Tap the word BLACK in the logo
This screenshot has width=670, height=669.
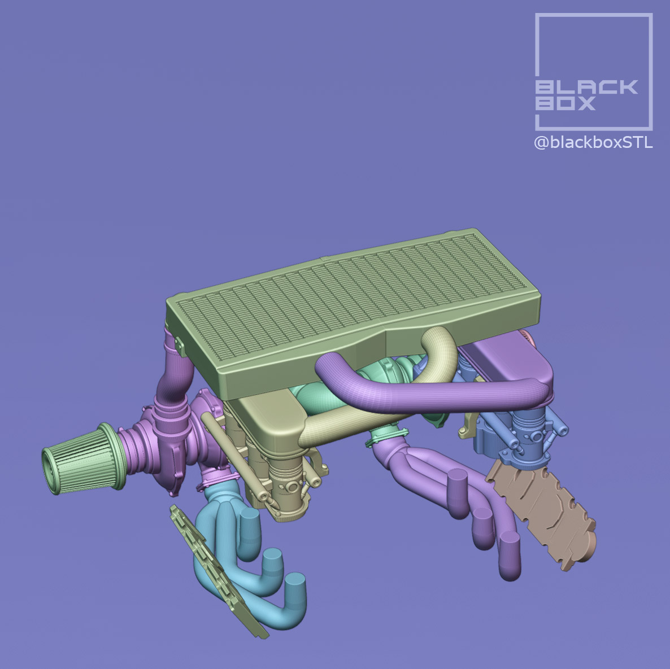pos(586,87)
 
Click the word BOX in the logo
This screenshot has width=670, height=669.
pos(565,103)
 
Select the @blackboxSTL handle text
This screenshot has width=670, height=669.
pos(593,143)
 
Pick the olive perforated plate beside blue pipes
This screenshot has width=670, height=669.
pos(217,570)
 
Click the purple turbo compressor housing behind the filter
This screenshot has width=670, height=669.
pos(164,435)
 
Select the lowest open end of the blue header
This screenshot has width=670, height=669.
pos(295,581)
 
